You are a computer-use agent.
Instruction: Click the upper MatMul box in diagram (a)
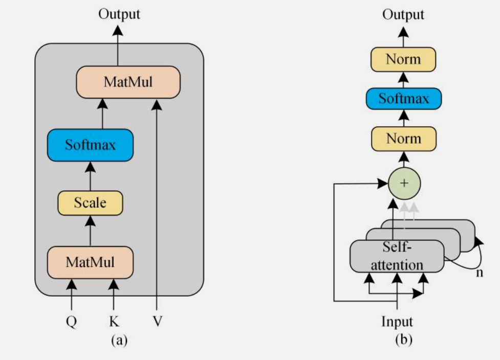(x=128, y=82)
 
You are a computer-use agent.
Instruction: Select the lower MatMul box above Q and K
(x=90, y=262)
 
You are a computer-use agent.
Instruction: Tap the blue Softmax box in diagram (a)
(x=90, y=145)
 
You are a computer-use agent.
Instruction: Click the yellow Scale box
(x=90, y=202)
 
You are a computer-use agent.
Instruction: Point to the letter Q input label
(x=71, y=322)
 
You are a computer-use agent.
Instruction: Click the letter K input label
(x=114, y=322)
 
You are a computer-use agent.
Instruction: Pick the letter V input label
(x=157, y=322)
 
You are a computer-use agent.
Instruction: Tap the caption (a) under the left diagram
(x=119, y=340)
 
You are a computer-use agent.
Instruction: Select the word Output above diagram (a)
(x=119, y=14)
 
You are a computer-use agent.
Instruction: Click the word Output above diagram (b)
(x=403, y=14)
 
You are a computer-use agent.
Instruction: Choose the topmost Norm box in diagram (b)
(x=403, y=59)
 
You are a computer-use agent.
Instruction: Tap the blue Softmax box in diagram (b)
(x=403, y=99)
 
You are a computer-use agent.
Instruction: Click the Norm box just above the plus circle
(x=403, y=139)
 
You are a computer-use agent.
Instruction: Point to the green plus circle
(x=404, y=183)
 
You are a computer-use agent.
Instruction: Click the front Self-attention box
(x=397, y=256)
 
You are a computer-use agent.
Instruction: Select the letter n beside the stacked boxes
(x=480, y=273)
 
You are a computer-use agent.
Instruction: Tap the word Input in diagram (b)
(x=397, y=322)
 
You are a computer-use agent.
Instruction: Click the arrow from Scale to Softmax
(x=91, y=175)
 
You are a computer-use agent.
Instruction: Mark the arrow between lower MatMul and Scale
(x=91, y=231)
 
